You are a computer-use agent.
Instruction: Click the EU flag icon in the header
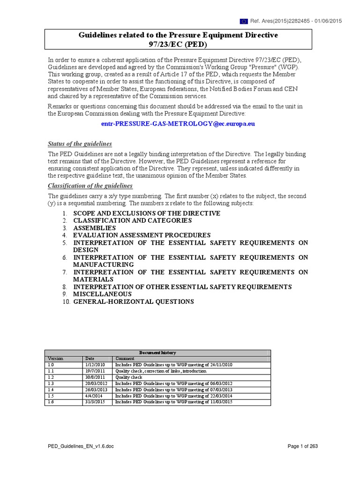tap(244, 21)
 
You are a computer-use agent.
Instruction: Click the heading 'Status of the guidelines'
tap(80, 143)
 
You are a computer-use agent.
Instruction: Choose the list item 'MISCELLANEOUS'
tap(102, 294)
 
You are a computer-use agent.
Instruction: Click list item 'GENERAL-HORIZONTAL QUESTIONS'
tap(133, 301)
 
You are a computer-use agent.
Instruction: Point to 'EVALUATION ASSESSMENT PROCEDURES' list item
tap(142, 235)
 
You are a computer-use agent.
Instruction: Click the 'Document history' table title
tap(157, 352)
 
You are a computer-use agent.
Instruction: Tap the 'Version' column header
tap(56, 359)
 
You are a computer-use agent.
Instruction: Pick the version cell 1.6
tap(51, 402)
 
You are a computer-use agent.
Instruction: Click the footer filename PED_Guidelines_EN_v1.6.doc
tap(81, 446)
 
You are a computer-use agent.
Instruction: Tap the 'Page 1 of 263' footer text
tap(302, 446)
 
